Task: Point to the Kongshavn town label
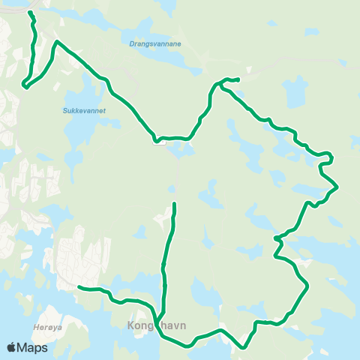pyautogui.click(x=157, y=326)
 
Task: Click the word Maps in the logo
pyautogui.click(x=33, y=347)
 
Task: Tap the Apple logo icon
pyautogui.click(x=12, y=347)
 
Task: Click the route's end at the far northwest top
pyautogui.click(x=30, y=13)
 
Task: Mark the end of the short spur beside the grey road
pyautogui.click(x=238, y=79)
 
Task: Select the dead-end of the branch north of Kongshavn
pyautogui.click(x=174, y=203)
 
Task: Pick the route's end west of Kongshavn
pyautogui.click(x=79, y=286)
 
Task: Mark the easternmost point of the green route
pyautogui.click(x=338, y=186)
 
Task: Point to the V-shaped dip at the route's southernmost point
pyautogui.click(x=244, y=347)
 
